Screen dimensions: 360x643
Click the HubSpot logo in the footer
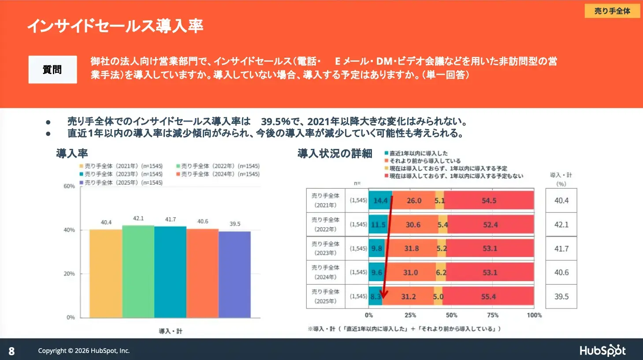pyautogui.click(x=602, y=350)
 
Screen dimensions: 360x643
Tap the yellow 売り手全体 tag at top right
pyautogui.click(x=612, y=11)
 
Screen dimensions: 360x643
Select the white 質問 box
pyautogui.click(x=52, y=70)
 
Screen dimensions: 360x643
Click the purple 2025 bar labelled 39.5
pyautogui.click(x=234, y=274)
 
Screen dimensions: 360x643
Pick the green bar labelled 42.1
pyautogui.click(x=138, y=271)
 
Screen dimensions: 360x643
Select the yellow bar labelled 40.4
pyautogui.click(x=106, y=273)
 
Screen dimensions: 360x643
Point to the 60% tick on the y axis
pyautogui.click(x=69, y=186)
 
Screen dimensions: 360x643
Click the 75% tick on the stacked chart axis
pyautogui.click(x=493, y=315)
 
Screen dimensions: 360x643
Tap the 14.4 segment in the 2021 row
pyautogui.click(x=380, y=200)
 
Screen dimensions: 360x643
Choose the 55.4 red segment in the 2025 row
pyautogui.click(x=488, y=297)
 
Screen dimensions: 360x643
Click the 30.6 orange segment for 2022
pyautogui.click(x=413, y=225)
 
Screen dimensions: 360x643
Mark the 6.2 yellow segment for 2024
pyautogui.click(x=441, y=273)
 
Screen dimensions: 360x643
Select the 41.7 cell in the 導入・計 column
pyautogui.click(x=561, y=249)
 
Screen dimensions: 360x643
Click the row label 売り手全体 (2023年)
pyautogui.click(x=325, y=249)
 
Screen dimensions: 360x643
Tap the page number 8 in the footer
pyautogui.click(x=11, y=351)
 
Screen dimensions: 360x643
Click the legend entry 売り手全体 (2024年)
pyautogui.click(x=218, y=174)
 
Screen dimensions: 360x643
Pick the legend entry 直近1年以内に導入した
pyautogui.click(x=418, y=153)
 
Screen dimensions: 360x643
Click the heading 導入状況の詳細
pyautogui.click(x=335, y=153)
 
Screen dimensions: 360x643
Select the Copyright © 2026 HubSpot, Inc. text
pyautogui.click(x=84, y=351)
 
